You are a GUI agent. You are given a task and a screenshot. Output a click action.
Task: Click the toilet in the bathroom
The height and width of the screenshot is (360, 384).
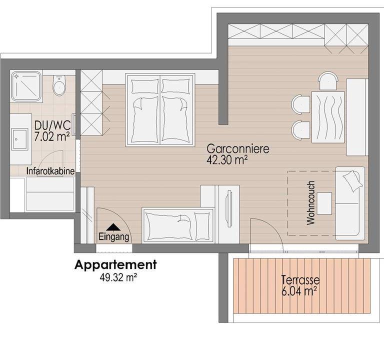[59, 85]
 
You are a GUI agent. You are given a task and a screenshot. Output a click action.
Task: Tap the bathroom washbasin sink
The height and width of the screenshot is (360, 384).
[19, 139]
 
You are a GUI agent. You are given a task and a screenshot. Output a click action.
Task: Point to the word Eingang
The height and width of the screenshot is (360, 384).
[114, 237]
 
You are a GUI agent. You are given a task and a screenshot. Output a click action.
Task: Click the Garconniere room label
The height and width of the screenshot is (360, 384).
[238, 149]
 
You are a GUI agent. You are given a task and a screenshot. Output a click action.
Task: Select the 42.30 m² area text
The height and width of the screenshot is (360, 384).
[226, 160]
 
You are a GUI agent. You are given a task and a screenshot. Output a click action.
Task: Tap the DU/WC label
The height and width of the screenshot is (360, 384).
[52, 125]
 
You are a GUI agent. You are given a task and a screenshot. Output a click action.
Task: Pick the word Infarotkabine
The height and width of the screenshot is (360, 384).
[50, 171]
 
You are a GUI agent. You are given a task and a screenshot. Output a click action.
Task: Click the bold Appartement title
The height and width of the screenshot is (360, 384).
[115, 264]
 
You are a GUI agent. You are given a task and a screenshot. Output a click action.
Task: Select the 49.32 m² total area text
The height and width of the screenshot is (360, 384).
[118, 277]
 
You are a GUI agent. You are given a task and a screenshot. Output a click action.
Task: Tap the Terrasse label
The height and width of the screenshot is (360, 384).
[300, 280]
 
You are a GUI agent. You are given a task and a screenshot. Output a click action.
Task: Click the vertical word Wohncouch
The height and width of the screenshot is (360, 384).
[310, 203]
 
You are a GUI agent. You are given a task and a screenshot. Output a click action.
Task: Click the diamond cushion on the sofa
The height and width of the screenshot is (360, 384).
[352, 180]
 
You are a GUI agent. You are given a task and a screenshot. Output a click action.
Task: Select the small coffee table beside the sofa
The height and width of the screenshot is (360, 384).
[324, 203]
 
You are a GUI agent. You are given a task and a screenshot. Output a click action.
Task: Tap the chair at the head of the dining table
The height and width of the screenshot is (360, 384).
[328, 80]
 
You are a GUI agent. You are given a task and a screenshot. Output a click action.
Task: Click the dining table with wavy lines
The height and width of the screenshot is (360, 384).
[328, 117]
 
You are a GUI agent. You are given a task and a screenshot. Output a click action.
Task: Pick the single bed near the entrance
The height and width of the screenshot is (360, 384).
[178, 225]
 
